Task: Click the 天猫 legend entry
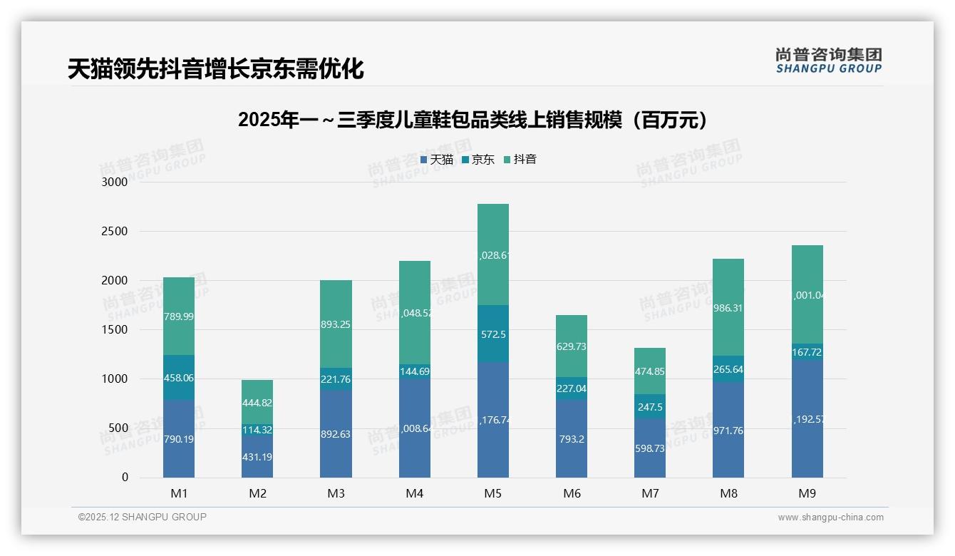click(x=437, y=160)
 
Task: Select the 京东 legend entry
click(x=478, y=160)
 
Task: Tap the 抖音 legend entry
click(x=520, y=160)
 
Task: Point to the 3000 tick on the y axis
click(x=115, y=182)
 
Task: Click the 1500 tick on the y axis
click(x=115, y=330)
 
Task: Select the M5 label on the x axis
click(x=493, y=493)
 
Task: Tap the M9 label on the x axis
click(x=807, y=493)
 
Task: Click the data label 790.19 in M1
click(x=179, y=439)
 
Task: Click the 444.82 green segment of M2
click(x=257, y=403)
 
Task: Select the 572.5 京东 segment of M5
click(x=493, y=334)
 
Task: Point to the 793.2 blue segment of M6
click(x=572, y=439)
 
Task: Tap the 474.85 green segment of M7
click(x=650, y=371)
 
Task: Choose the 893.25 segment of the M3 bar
click(x=336, y=324)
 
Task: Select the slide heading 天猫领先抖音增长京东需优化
click(x=216, y=69)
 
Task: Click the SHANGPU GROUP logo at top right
click(x=828, y=61)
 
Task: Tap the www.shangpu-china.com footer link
click(x=830, y=518)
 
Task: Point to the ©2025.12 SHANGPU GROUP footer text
click(x=143, y=517)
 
